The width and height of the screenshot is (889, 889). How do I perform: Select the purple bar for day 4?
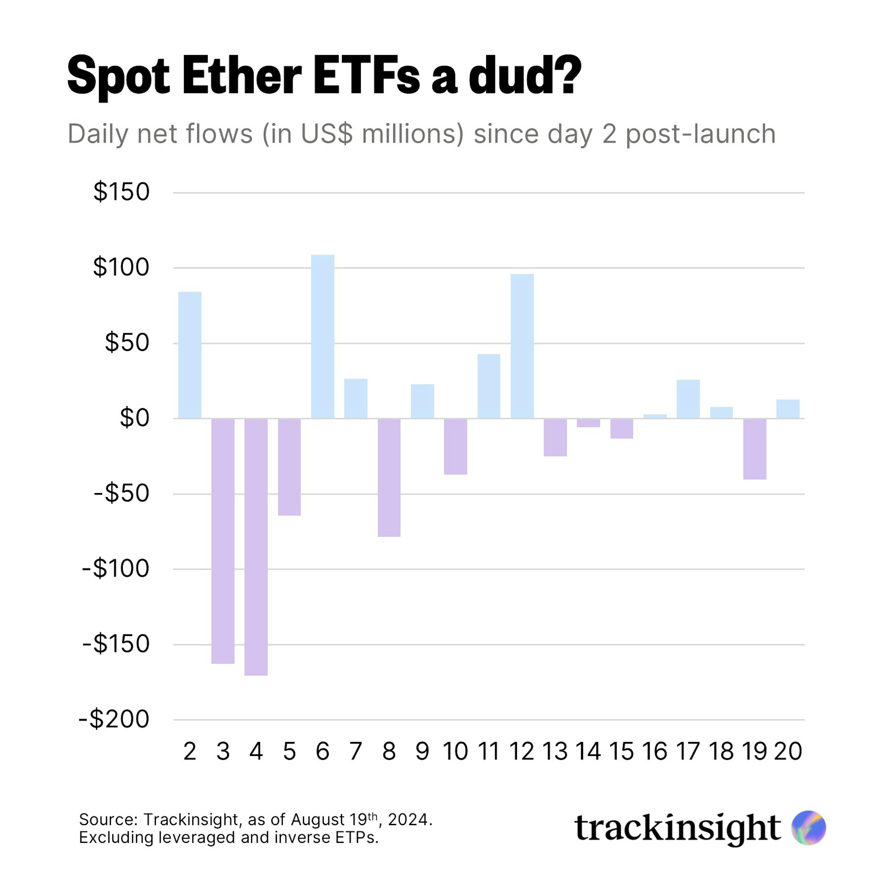pos(256,547)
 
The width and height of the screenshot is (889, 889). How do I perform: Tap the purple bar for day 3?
pos(223,541)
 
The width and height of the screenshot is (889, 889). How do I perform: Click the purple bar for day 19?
pos(755,449)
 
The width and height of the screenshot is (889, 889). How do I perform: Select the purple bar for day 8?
pos(389,477)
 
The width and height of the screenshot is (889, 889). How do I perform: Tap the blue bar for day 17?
pos(688,399)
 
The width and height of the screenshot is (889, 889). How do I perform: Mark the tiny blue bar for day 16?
pos(655,416)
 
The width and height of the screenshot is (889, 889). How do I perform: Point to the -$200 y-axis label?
pos(114,719)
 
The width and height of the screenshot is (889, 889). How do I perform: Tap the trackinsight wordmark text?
pos(677,828)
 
